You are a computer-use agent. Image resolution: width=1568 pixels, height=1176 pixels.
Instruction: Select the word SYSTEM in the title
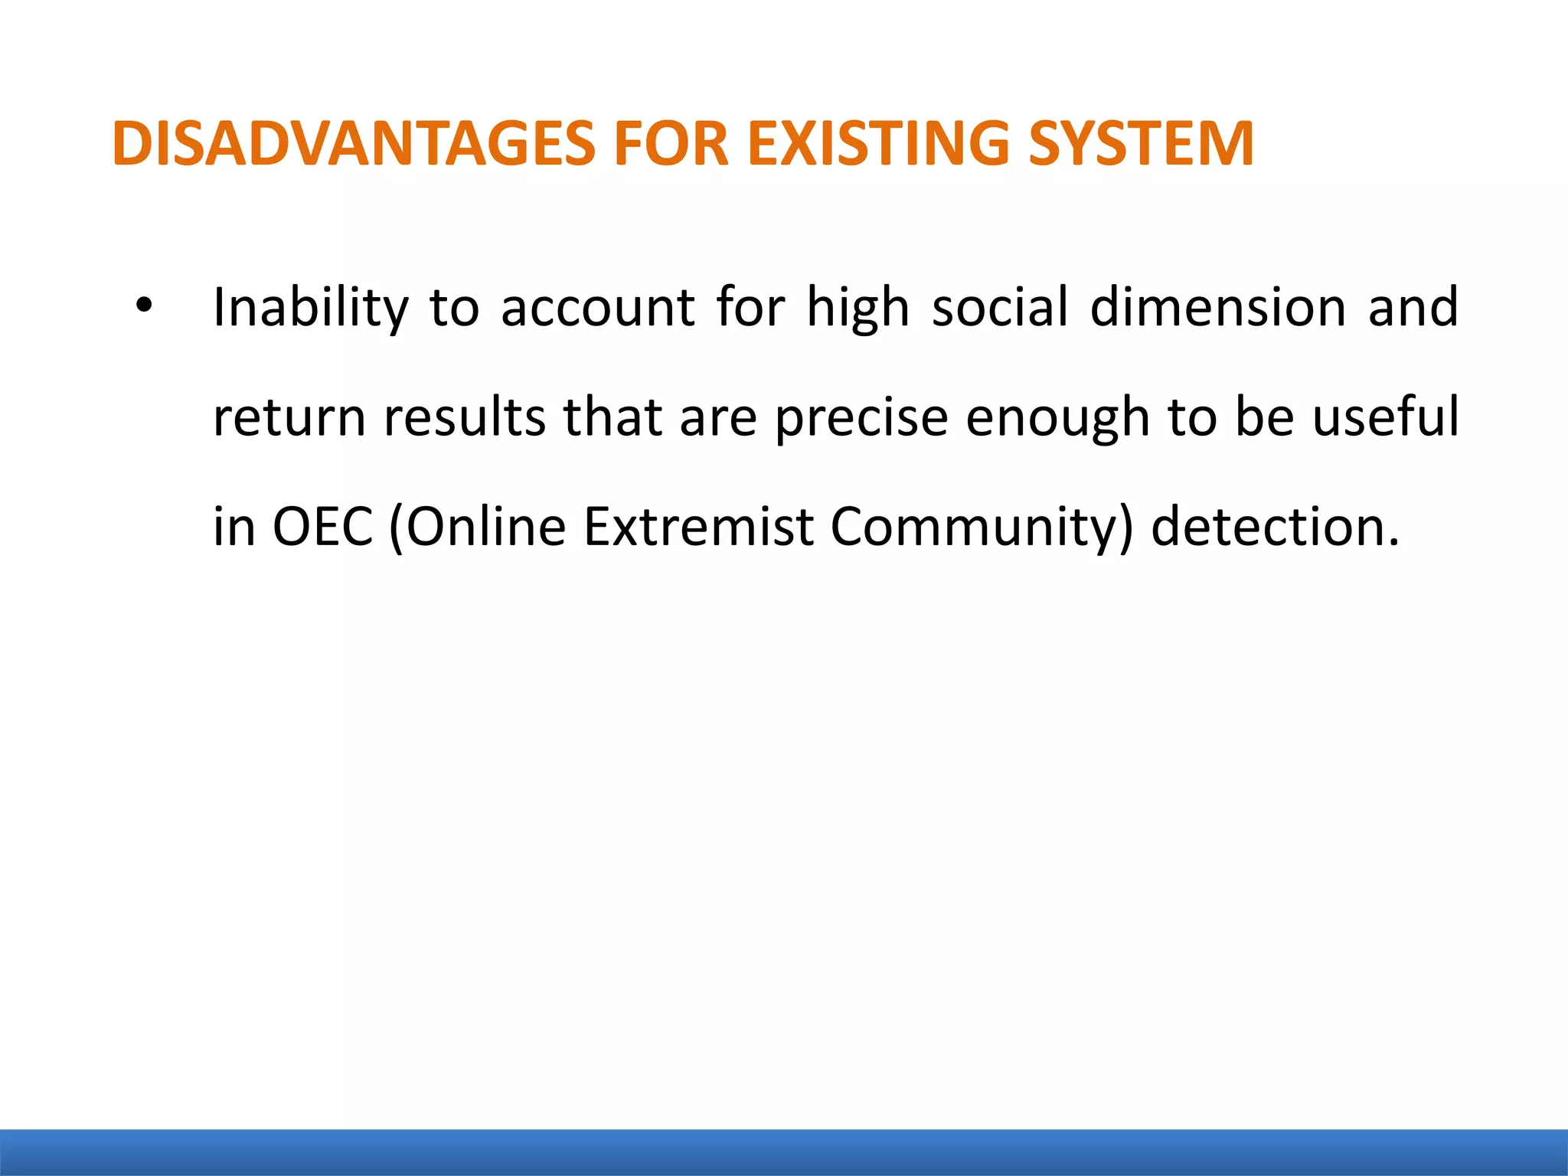[1141, 143]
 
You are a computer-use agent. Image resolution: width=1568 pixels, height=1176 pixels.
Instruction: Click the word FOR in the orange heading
[671, 143]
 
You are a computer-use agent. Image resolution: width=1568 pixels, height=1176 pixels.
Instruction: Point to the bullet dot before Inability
[143, 307]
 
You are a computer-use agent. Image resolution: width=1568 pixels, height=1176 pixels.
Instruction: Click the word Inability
[310, 308]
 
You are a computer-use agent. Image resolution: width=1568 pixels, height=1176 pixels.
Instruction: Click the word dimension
[1217, 308]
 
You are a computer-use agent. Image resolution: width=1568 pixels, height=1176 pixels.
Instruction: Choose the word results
[465, 418]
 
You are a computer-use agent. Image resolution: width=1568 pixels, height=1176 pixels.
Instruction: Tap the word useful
[1386, 417]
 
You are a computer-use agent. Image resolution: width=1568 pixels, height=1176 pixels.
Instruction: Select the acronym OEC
[323, 527]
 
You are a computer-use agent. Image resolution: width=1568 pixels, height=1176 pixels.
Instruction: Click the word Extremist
[698, 527]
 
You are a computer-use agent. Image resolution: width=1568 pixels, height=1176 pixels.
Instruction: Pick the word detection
[1275, 527]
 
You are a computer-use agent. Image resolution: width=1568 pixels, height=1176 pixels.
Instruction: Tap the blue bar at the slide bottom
[784, 1152]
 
